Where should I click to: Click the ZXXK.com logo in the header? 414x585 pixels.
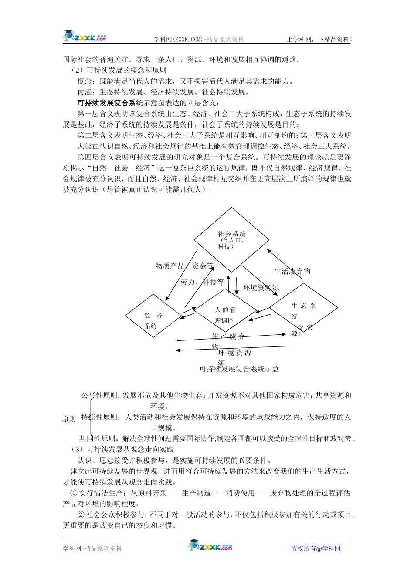85,37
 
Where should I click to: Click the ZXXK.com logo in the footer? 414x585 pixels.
211,546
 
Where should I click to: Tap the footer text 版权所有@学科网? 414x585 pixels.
316,548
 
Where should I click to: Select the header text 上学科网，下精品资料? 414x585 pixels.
319,40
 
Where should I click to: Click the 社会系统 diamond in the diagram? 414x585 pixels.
231,240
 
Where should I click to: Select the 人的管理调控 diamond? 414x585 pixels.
225,315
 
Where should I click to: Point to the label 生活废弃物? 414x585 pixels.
292,272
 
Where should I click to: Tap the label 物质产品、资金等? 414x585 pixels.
184,266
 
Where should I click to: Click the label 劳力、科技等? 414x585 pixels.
202,282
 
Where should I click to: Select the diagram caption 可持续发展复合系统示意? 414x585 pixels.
239,369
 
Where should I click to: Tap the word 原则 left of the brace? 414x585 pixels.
69,419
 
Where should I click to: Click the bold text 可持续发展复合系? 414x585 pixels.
107,103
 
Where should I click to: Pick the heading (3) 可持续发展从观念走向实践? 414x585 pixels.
122,450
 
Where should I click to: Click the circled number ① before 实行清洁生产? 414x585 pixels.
74,493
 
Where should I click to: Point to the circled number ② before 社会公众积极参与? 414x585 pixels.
81,515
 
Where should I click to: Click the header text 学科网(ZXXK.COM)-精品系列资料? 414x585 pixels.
199,40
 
